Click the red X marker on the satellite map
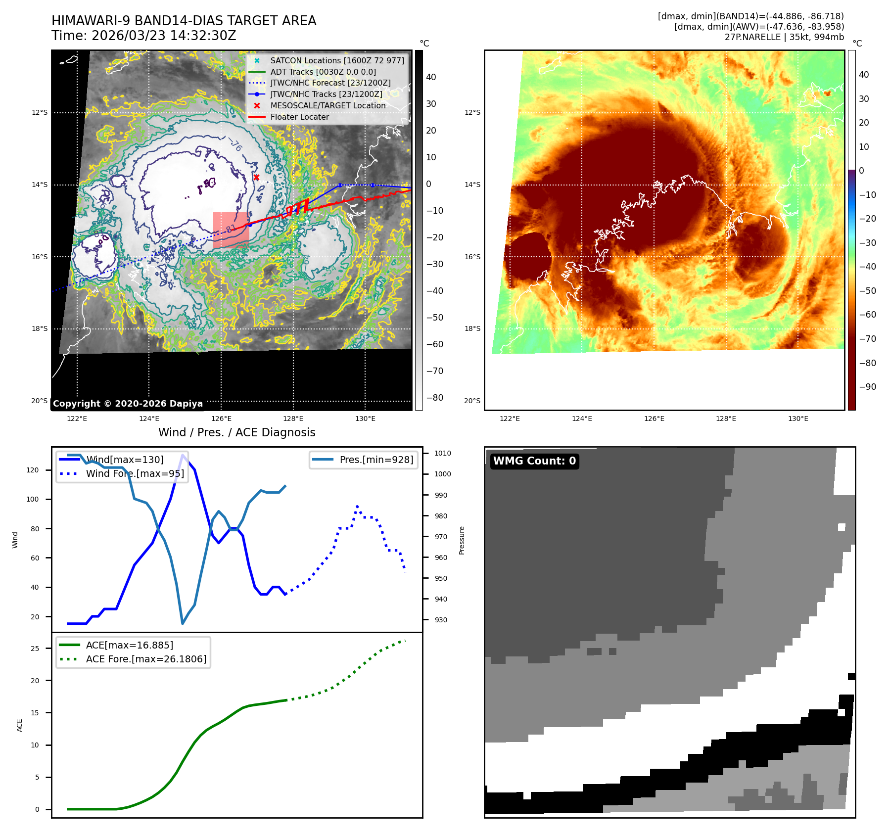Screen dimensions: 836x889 coord(256,177)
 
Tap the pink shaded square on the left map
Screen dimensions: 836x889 coord(231,230)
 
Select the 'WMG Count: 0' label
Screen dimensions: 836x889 coord(534,461)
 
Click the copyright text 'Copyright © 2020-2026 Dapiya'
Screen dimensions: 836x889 coord(128,404)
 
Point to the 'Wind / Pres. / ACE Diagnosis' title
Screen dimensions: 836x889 coord(236,432)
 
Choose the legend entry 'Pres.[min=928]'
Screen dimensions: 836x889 coord(376,460)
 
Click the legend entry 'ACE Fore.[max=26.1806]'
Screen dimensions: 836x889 coord(146,659)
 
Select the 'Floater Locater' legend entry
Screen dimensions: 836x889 coord(299,117)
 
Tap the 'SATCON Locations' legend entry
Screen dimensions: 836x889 coord(337,60)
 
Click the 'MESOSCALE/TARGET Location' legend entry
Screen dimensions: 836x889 coord(328,105)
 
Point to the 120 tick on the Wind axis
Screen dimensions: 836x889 coord(33,470)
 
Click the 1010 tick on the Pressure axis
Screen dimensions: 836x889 coord(443,453)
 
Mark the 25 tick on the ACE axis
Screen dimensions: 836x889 coord(35,649)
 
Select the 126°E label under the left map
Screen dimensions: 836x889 coord(221,418)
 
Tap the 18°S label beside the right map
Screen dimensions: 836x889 coord(472,328)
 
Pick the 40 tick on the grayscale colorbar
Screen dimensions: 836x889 coord(431,77)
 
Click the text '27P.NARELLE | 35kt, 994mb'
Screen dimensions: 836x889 coord(784,37)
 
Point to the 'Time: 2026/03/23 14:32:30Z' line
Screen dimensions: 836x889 coord(143,36)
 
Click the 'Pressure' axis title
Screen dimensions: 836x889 coord(462,540)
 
